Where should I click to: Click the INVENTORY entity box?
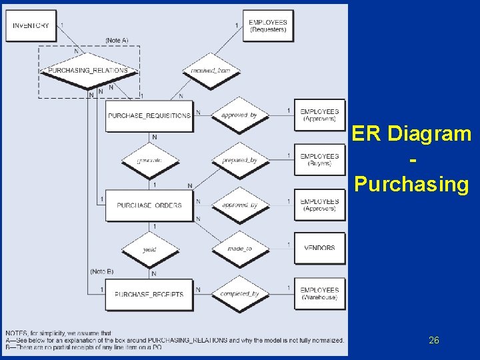pos(31,25)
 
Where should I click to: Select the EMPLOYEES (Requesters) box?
pos(267,25)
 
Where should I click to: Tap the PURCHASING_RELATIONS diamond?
pos(88,70)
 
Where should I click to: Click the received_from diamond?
pos(211,70)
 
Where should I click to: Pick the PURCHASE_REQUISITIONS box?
pos(149,115)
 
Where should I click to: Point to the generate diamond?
pos(149,161)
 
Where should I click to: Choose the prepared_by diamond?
pos(239,161)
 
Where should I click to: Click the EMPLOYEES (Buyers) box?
pos(319,160)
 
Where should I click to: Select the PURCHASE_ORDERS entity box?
pos(149,205)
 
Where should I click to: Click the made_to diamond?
pos(239,249)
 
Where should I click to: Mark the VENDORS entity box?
pos(319,248)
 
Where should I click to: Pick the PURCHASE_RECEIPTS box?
pos(149,294)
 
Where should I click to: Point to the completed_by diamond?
pos(239,294)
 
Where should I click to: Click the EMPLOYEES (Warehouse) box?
pos(319,294)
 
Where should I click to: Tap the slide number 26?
pos(434,340)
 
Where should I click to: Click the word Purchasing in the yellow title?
pos(412,184)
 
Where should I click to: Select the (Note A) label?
pos(117,41)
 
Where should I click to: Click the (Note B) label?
pos(101,271)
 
